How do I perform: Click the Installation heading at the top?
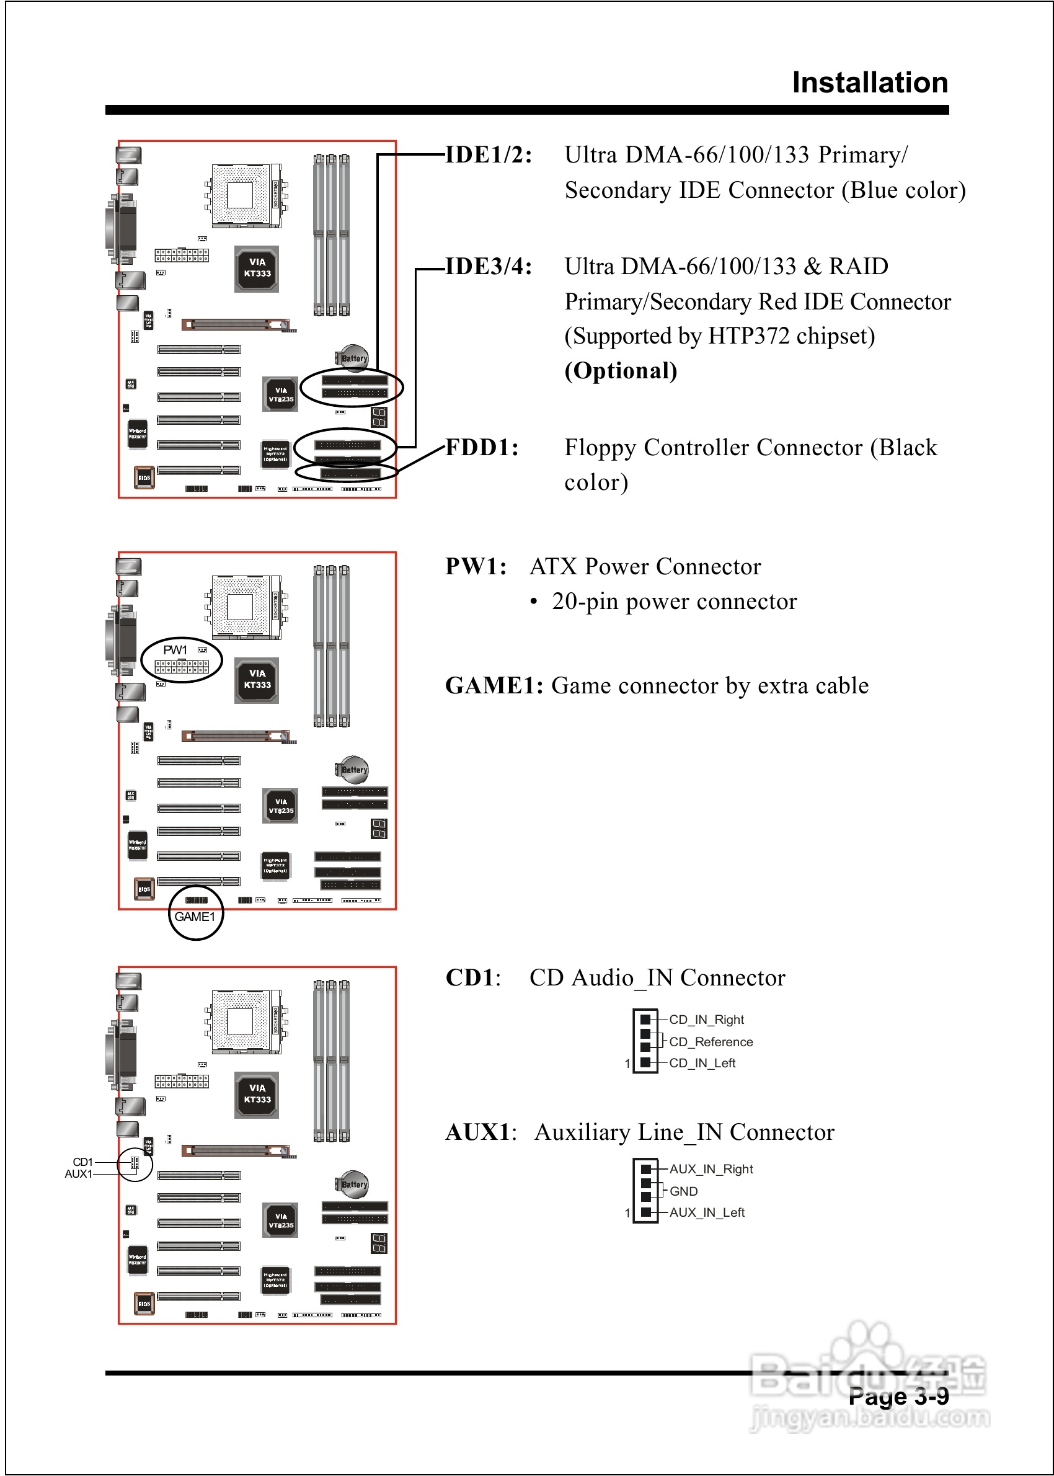pyautogui.click(x=870, y=83)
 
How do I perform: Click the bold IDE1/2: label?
pyautogui.click(x=488, y=155)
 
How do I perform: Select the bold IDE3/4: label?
pyautogui.click(x=488, y=267)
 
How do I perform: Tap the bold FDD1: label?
pyautogui.click(x=482, y=448)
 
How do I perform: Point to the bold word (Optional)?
pyautogui.click(x=621, y=371)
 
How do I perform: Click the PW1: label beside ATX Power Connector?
pyautogui.click(x=476, y=567)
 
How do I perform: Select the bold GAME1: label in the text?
pyautogui.click(x=494, y=686)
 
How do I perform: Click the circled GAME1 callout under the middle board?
pyautogui.click(x=195, y=917)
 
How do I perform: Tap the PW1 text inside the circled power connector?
pyautogui.click(x=175, y=650)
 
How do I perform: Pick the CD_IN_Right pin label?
pyautogui.click(x=706, y=1020)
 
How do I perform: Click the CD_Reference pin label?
pyautogui.click(x=711, y=1042)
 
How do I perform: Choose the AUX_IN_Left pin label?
pyautogui.click(x=707, y=1212)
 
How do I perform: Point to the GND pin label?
pyautogui.click(x=683, y=1191)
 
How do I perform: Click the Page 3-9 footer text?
pyautogui.click(x=898, y=1396)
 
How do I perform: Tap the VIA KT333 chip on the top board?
pyautogui.click(x=257, y=268)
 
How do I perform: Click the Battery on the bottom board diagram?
pyautogui.click(x=353, y=1185)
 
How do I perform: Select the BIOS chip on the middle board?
pyautogui.click(x=144, y=889)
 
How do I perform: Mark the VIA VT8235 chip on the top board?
pyautogui.click(x=280, y=394)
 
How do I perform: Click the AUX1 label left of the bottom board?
pyautogui.click(x=78, y=1173)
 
